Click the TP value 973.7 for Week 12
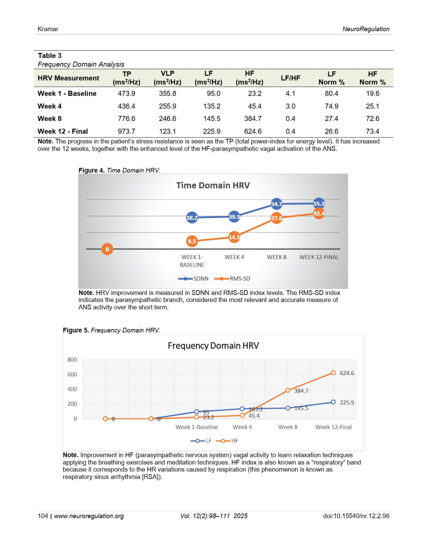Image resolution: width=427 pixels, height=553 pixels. (126, 131)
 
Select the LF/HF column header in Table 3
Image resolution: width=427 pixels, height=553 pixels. (290, 78)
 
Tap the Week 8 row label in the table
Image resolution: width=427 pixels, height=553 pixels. (50, 119)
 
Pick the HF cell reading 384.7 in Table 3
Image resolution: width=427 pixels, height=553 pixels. (253, 119)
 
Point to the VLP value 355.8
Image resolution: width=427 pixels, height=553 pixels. (167, 94)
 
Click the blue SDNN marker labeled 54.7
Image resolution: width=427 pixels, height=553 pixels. (276, 204)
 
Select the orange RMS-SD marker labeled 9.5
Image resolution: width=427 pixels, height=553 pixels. (192, 241)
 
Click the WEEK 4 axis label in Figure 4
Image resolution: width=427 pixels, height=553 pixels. (234, 257)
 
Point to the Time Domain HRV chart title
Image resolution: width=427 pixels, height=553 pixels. (213, 186)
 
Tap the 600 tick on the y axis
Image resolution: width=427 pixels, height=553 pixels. (72, 375)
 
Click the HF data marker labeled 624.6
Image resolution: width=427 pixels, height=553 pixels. (333, 373)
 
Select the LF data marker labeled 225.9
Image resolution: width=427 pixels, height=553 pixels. (333, 402)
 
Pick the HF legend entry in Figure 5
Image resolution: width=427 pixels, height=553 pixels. (227, 441)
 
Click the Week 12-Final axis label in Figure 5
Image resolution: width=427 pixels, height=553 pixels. (333, 427)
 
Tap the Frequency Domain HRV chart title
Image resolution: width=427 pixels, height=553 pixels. (213, 346)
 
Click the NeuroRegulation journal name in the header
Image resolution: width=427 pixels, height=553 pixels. (366, 29)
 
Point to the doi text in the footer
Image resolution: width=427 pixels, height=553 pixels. (356, 516)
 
